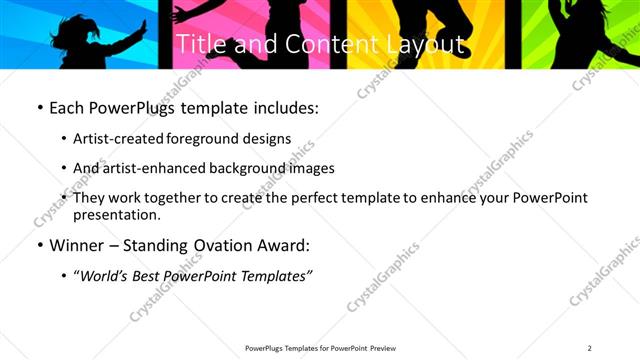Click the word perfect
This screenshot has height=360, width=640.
[x=318, y=198]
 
